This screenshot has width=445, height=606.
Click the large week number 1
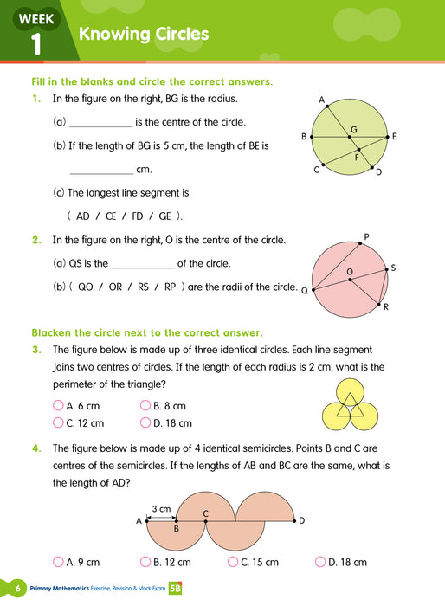(35, 43)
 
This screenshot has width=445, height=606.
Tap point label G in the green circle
(353, 129)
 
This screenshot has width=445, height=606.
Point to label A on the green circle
(321, 100)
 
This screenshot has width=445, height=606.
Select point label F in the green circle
(357, 158)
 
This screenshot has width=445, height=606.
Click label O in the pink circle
(350, 272)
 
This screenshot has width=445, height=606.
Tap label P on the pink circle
(366, 236)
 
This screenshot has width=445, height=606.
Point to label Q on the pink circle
(304, 292)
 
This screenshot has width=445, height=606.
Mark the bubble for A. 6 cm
(58, 405)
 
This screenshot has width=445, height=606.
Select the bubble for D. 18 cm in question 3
(145, 423)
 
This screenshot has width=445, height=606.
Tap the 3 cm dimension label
(160, 508)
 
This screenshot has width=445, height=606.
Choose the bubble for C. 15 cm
(233, 562)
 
